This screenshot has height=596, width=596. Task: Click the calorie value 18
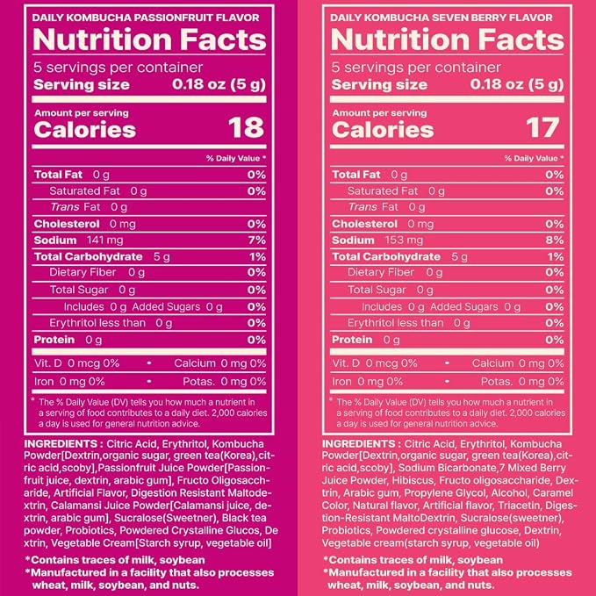click(246, 128)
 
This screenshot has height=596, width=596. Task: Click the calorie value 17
click(542, 128)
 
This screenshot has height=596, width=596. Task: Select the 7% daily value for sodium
click(257, 241)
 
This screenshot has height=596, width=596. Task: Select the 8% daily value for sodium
click(555, 241)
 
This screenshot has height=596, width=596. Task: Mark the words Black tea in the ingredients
click(244, 518)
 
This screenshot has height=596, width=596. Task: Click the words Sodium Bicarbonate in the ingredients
click(449, 468)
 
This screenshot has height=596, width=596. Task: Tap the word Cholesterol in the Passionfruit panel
click(67, 224)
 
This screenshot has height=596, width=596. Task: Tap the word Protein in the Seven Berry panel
click(352, 340)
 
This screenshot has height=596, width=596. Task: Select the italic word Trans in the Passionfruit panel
click(65, 207)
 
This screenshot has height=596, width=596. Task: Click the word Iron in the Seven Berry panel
click(341, 382)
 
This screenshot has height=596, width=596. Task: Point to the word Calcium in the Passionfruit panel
click(195, 363)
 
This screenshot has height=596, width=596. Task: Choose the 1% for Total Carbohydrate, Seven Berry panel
click(556, 257)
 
